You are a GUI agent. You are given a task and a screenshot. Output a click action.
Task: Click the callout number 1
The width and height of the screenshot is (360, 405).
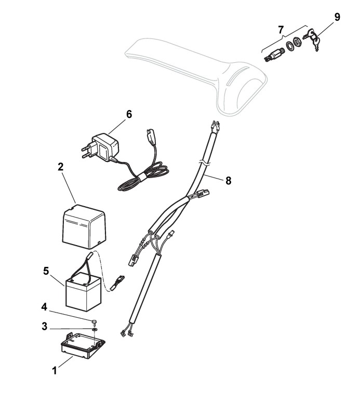54,372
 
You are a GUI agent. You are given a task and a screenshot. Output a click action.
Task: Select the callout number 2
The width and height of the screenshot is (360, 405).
60,167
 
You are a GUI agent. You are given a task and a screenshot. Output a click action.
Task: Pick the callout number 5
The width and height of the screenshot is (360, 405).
46,271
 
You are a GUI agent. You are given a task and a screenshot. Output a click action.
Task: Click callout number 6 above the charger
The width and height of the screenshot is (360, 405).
129,114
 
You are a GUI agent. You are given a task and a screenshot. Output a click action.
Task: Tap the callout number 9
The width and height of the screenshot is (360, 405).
337,17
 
